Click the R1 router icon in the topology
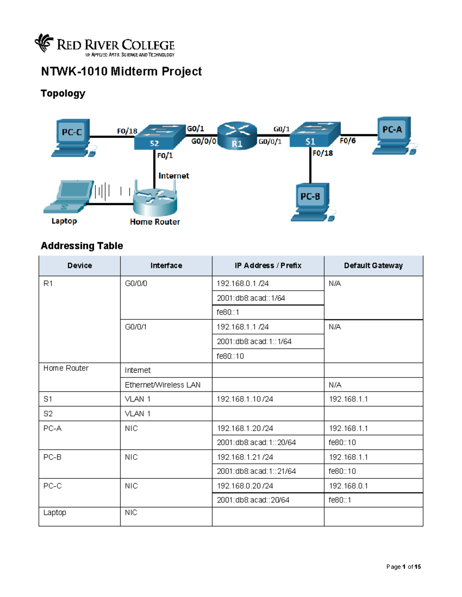coord(237,136)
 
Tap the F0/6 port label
coord(347,141)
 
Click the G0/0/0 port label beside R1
coord(204,141)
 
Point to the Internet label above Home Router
coord(174,176)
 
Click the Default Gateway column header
coord(373,266)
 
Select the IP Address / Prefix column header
coord(268,266)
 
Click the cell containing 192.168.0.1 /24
coord(268,283)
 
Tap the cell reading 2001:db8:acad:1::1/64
coord(268,341)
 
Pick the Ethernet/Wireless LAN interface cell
coord(166,385)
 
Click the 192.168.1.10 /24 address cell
coord(268,399)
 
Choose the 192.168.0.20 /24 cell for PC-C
coord(268,486)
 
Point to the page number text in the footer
coord(403,567)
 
